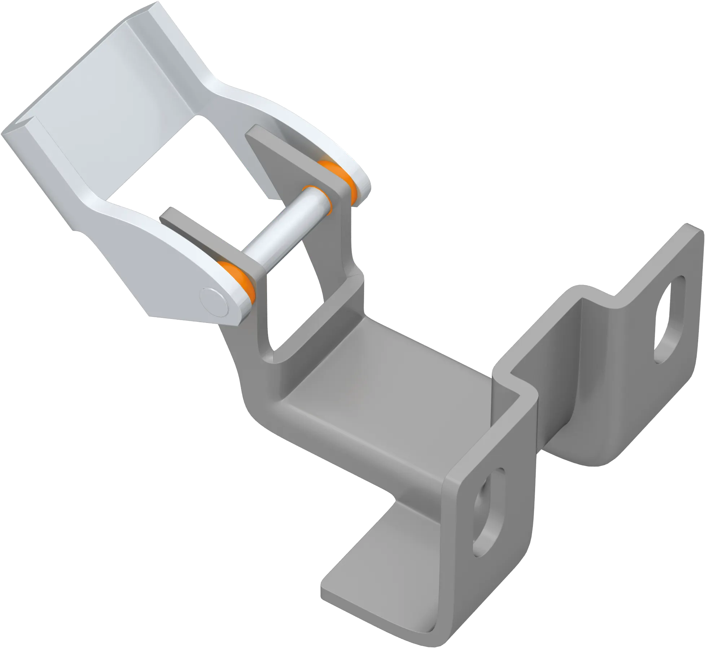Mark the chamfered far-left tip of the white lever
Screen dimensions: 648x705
pyautogui.click(x=11, y=133)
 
